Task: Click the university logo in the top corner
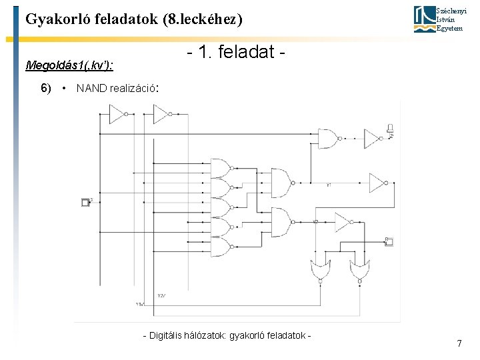click(423, 19)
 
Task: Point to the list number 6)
click(46, 88)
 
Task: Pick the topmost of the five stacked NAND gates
click(221, 166)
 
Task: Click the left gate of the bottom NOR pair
click(320, 270)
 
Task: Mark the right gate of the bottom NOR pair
click(360, 270)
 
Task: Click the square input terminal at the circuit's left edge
click(85, 202)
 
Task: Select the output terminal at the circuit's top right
click(391, 129)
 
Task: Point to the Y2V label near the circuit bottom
click(161, 295)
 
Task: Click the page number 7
click(459, 343)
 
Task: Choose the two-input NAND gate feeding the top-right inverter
click(328, 138)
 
